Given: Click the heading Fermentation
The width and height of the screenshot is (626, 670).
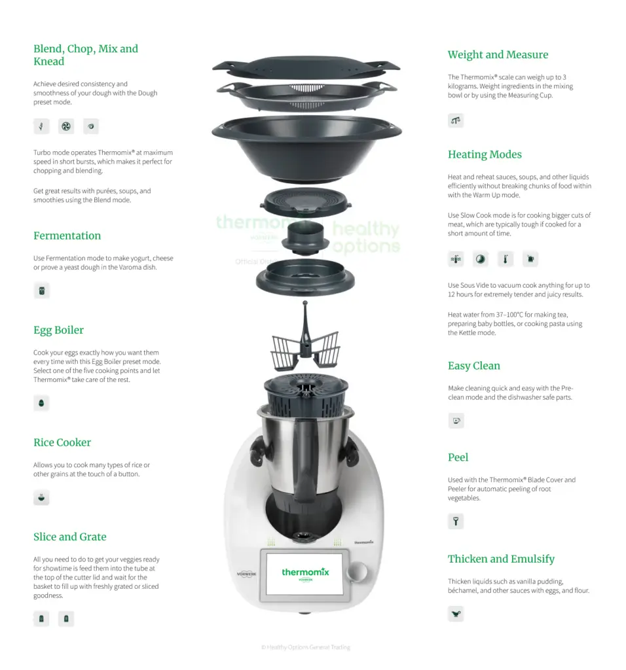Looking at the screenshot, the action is [67, 236].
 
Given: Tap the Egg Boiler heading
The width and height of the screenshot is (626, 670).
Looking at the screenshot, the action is [58, 330].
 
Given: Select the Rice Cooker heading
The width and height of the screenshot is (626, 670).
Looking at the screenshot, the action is [62, 442].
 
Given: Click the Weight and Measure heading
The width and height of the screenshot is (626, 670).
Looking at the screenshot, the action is [498, 55].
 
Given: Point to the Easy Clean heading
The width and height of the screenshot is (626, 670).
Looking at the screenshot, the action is [474, 366].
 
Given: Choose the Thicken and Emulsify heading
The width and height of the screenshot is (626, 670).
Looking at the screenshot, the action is [501, 559].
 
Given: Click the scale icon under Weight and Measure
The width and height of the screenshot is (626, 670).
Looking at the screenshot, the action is [456, 120].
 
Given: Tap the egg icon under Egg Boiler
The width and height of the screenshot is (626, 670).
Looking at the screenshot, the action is [41, 403].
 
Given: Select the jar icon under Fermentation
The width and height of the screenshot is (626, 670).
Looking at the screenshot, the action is [41, 291].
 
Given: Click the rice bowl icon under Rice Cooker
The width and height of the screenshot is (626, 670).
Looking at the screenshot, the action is [41, 497].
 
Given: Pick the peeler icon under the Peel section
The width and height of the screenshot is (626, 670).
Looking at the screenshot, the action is [456, 521].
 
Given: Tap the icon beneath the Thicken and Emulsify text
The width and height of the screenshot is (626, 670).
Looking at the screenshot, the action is [456, 614].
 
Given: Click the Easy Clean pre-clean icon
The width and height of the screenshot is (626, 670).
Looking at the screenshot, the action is [456, 421].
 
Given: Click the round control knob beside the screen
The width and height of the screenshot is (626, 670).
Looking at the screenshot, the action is [358, 572].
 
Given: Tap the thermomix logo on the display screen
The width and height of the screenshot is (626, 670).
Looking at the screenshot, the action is [305, 573].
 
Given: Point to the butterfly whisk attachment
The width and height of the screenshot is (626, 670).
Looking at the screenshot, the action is [305, 342].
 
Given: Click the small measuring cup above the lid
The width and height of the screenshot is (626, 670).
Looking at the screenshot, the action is [305, 238].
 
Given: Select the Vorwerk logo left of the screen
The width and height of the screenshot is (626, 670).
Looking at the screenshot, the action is [247, 574].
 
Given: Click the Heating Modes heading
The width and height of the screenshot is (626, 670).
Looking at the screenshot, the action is [485, 154].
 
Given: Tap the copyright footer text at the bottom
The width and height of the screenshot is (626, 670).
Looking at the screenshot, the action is [305, 647].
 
